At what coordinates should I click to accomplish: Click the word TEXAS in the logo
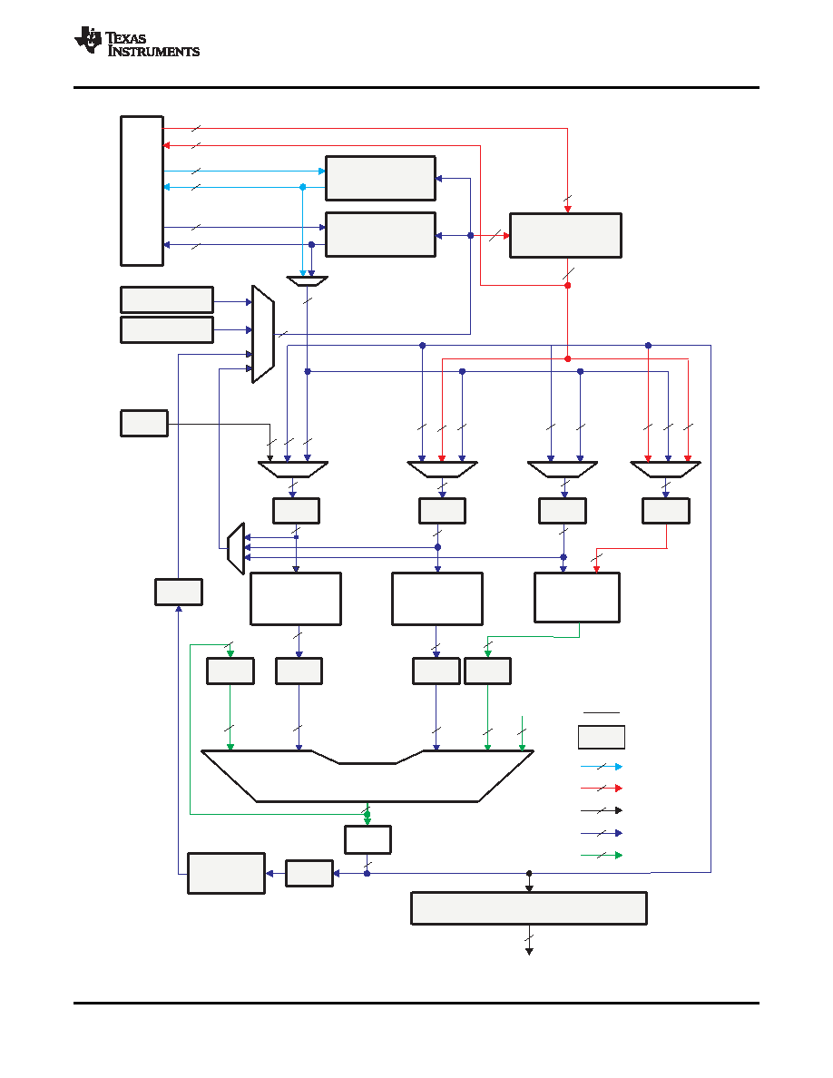click(126, 38)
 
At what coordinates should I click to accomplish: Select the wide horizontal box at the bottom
click(528, 908)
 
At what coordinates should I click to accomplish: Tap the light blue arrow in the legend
click(602, 767)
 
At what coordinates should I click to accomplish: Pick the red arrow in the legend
click(602, 788)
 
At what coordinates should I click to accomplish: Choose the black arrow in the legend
click(602, 810)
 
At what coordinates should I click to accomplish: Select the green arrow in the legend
click(602, 856)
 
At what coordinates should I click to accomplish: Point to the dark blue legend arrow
click(602, 833)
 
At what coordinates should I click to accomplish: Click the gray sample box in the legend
click(602, 737)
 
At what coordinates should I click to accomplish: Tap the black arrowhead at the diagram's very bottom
click(529, 952)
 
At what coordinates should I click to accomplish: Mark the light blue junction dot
click(302, 187)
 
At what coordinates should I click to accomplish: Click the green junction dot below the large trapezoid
click(367, 815)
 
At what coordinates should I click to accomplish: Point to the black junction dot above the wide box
click(529, 873)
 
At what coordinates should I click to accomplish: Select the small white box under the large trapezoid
click(367, 839)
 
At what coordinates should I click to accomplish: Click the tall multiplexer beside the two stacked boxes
click(263, 334)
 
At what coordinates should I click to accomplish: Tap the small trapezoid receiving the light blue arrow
click(308, 281)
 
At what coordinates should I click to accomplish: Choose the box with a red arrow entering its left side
click(565, 236)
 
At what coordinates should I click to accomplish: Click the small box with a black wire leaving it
click(144, 424)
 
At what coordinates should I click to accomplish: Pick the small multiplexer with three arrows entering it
click(236, 549)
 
